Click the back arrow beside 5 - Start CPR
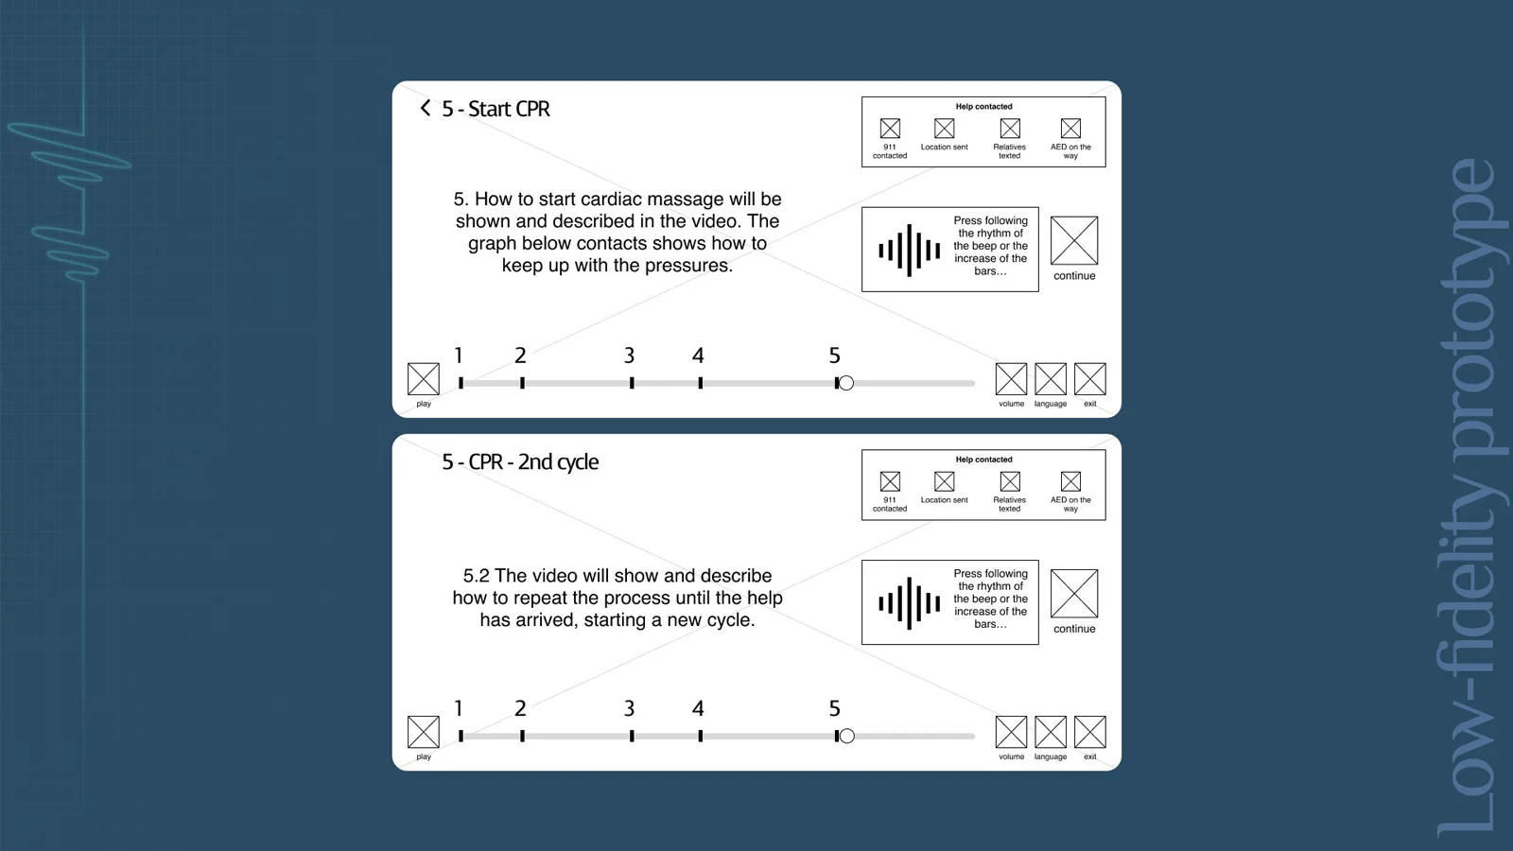click(x=425, y=108)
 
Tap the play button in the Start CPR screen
click(x=424, y=379)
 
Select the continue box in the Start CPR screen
click(x=1074, y=240)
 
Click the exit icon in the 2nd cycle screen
click(x=1090, y=732)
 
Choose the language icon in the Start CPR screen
click(x=1051, y=379)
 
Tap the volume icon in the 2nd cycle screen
click(x=1011, y=732)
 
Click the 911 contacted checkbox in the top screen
click(x=890, y=129)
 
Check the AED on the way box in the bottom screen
click(x=1070, y=481)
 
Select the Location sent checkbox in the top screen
click(x=945, y=129)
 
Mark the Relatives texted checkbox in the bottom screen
click(x=1010, y=481)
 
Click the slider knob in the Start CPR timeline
click(x=846, y=383)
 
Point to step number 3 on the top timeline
click(x=629, y=356)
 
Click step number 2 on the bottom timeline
click(x=520, y=708)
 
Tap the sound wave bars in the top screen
click(x=909, y=251)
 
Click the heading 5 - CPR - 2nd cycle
click(x=520, y=462)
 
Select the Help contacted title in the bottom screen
click(x=983, y=460)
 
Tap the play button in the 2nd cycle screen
click(x=424, y=732)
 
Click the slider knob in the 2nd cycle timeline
click(x=846, y=737)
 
